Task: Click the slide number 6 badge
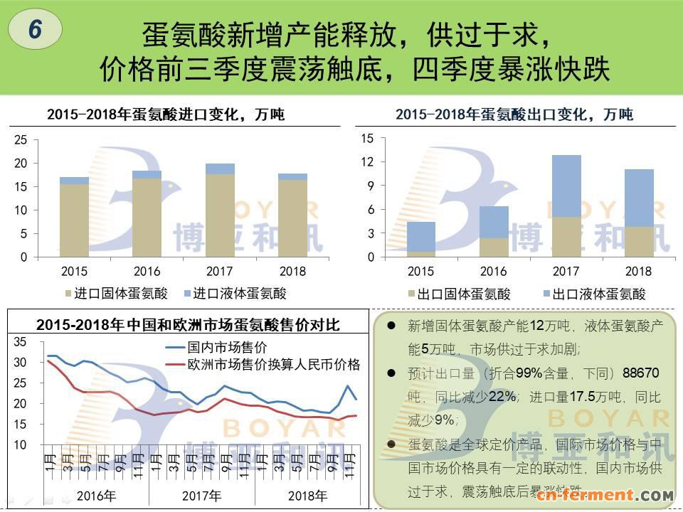36,29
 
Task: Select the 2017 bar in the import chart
220,210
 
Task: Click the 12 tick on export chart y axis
367,162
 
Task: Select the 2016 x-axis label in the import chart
147,271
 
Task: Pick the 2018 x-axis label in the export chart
638,271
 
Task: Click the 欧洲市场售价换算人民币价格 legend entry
273,365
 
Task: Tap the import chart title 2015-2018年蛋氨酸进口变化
165,114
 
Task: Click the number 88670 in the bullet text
640,373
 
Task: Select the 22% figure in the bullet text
502,396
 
